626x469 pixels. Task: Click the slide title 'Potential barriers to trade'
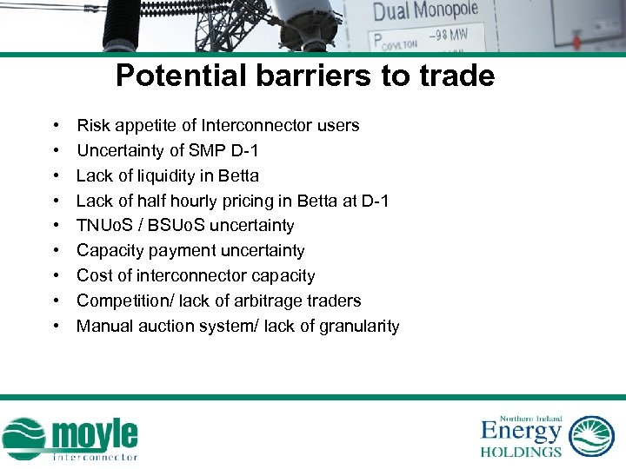click(305, 76)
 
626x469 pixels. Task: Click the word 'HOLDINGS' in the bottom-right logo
click(521, 452)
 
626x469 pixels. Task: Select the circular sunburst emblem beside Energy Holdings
click(591, 436)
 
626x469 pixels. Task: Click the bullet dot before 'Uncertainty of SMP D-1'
click(56, 151)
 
